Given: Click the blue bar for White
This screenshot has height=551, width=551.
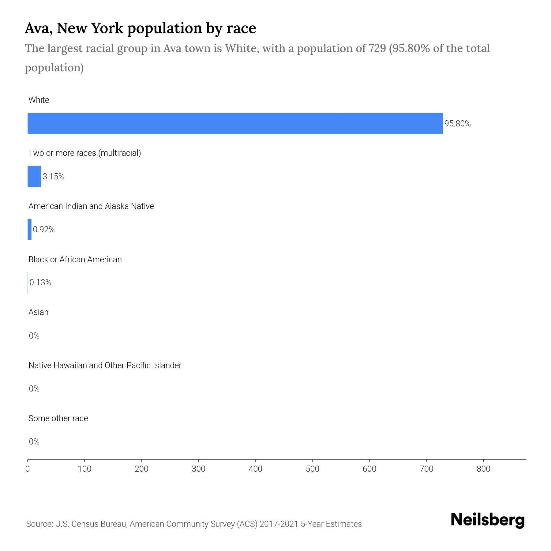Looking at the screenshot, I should pos(235,123).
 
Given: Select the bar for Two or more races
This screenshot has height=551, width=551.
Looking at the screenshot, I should pos(34,176).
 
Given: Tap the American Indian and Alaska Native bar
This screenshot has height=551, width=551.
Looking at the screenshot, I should pos(30,229).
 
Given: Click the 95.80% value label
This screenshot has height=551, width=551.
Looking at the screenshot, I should pos(457,124).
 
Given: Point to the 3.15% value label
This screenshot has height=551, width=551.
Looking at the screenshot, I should pos(54,177).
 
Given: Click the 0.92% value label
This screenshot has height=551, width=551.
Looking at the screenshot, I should pos(44,230).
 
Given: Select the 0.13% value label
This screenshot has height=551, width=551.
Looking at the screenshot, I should pos(40,283).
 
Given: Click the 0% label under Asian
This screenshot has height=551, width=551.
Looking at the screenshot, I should pos(34,336).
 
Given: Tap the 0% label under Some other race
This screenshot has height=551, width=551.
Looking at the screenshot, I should pos(34,441).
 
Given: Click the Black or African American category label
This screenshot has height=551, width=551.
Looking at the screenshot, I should pos(75,260).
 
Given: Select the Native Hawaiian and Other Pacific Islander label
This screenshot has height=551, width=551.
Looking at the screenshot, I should pos(105,365).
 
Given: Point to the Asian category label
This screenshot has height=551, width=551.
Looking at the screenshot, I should pos(38,312).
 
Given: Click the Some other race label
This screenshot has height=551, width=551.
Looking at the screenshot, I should pos(58,418).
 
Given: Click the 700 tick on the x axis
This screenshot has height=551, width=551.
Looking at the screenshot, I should pos(426,469).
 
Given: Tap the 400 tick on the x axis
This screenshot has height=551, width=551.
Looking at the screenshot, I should pos(256,469).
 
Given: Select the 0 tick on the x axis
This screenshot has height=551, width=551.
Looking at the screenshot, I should pos(28,469).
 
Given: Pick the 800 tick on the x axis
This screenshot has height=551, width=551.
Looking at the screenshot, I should pos(483,469).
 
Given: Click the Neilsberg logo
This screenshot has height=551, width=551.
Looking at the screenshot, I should pos(488,520).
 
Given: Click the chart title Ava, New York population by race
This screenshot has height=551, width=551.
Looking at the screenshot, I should pos(140,28).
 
